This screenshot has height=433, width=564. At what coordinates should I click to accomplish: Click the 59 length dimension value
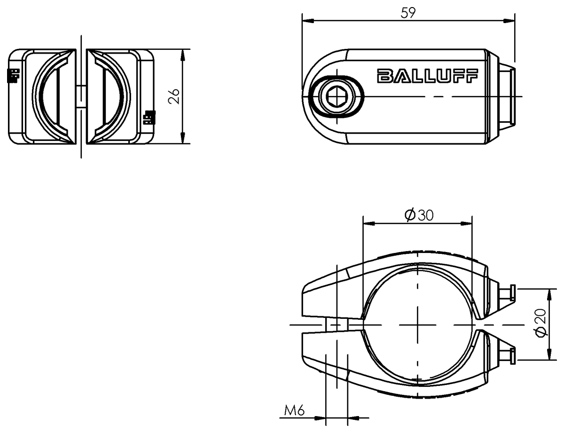click(407, 13)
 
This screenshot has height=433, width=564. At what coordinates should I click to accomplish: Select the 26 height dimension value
click(174, 96)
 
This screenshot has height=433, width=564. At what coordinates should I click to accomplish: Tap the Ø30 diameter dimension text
click(418, 215)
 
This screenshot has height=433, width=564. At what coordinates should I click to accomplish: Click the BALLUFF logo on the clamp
click(427, 76)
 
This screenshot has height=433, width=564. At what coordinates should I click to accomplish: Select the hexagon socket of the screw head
click(337, 97)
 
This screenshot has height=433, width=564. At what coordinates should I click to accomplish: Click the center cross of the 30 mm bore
click(417, 325)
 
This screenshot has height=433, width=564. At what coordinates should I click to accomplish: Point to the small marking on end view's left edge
click(13, 75)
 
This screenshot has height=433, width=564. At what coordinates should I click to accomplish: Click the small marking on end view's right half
click(149, 116)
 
